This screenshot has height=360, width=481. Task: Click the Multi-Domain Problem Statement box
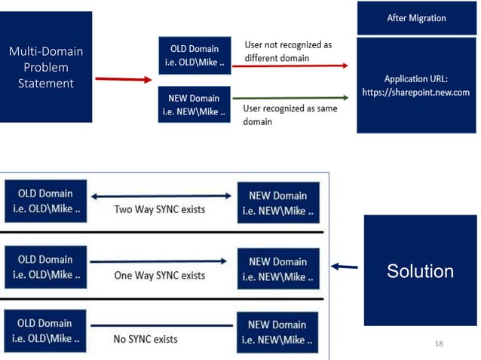click(46, 67)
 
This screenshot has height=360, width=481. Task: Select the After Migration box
click(416, 17)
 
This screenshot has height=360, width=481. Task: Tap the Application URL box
click(416, 84)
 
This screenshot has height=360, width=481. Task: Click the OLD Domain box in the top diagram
click(195, 55)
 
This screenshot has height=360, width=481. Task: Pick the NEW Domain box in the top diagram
click(195, 104)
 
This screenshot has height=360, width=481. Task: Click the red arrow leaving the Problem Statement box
click(124, 78)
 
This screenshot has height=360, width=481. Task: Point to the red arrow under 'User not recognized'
click(290, 66)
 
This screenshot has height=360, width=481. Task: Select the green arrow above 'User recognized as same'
click(290, 97)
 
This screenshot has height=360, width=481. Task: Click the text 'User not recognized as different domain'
click(288, 50)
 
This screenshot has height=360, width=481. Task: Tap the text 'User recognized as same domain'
click(290, 114)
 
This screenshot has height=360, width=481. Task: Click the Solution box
click(420, 270)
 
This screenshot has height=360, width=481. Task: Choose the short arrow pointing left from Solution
click(344, 266)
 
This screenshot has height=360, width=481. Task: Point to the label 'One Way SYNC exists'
click(160, 276)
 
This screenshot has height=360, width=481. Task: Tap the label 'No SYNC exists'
click(146, 339)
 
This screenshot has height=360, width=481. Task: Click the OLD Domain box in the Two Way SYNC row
click(46, 201)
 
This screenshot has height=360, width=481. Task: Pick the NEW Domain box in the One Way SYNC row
click(277, 269)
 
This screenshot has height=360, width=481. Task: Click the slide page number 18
click(440, 343)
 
